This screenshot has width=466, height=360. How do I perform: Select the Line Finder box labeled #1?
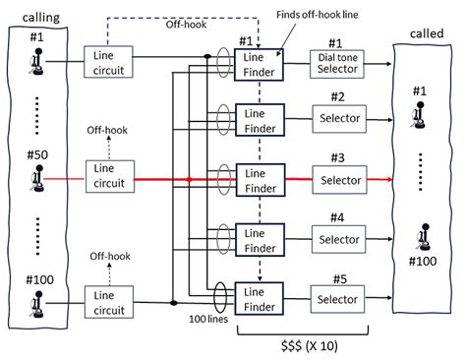(260, 65)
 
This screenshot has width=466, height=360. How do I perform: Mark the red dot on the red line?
(189, 179)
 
